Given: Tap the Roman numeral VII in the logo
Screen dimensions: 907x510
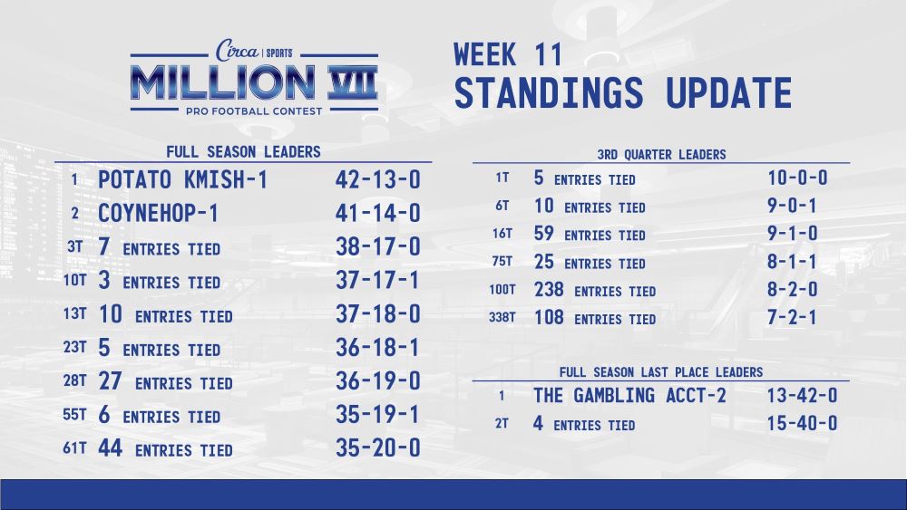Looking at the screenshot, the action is pyautogui.click(x=352, y=82).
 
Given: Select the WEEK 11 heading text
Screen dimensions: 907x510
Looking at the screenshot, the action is pyautogui.click(x=508, y=55).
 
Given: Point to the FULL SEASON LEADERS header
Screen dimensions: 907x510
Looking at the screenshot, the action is pyautogui.click(x=243, y=152).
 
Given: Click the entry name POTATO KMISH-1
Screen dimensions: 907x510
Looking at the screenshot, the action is pyautogui.click(x=183, y=179).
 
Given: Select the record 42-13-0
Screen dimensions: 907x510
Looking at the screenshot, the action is pyautogui.click(x=377, y=179).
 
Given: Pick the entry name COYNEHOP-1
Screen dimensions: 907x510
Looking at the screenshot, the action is pyautogui.click(x=158, y=213).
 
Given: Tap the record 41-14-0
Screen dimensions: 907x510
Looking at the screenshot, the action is pyautogui.click(x=377, y=213).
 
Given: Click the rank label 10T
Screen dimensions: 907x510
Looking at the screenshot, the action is pyautogui.click(x=74, y=281).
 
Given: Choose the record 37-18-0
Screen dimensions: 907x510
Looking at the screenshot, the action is pyautogui.click(x=377, y=314).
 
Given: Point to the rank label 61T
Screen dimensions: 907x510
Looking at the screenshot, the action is pyautogui.click(x=74, y=448).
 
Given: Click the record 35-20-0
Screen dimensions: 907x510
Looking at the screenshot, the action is pyautogui.click(x=377, y=448).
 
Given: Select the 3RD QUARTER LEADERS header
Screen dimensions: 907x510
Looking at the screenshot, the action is pyautogui.click(x=661, y=155).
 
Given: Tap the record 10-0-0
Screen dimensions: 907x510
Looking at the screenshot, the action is pyautogui.click(x=797, y=178).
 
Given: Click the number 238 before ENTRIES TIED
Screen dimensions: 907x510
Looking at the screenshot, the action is pyautogui.click(x=549, y=289).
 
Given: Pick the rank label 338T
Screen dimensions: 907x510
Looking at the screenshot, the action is pyautogui.click(x=502, y=317).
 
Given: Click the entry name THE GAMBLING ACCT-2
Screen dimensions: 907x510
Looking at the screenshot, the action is pyautogui.click(x=629, y=396).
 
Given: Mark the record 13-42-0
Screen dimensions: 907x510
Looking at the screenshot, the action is pyautogui.click(x=803, y=396).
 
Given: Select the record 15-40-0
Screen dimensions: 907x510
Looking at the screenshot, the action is pyautogui.click(x=803, y=423).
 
